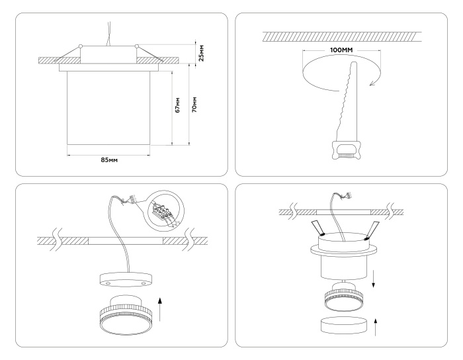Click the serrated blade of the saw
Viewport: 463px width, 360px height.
click(x=349, y=99)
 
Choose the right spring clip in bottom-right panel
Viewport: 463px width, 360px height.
click(x=374, y=229)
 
